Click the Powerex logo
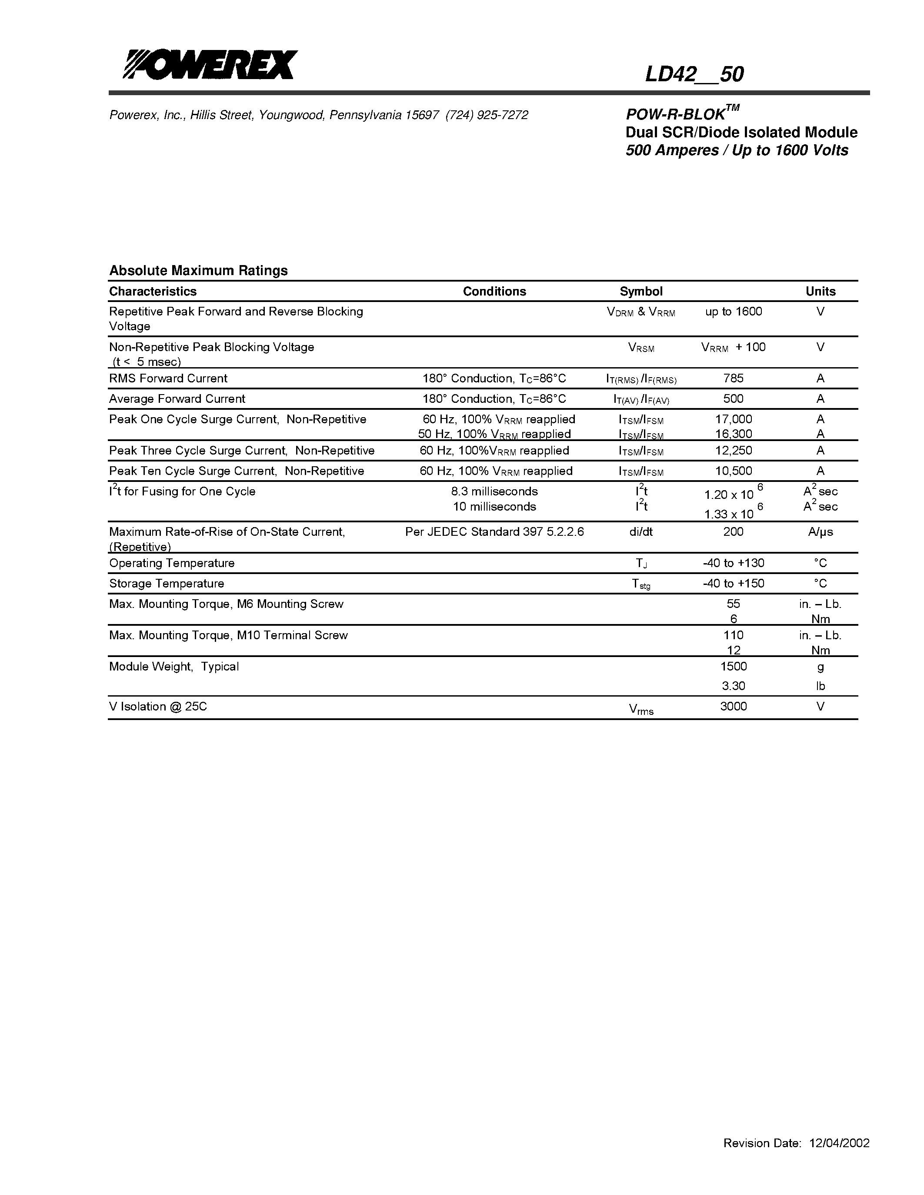[210, 65]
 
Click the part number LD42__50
[694, 74]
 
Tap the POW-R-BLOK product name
[683, 114]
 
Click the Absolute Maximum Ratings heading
[198, 270]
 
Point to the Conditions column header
[494, 291]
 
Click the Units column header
[820, 291]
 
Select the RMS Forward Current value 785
[733, 378]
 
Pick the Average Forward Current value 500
[733, 398]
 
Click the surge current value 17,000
[733, 419]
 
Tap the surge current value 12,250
[733, 450]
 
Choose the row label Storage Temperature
[167, 583]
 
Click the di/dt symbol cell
[640, 531]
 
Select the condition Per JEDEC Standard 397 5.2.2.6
[494, 531]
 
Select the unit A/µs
[820, 532]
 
